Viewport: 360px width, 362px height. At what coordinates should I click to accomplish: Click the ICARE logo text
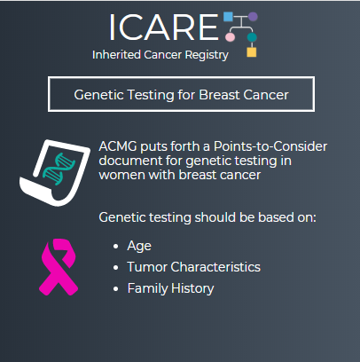pos(164,28)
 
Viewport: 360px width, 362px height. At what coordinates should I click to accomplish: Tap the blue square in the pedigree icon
pos(228,17)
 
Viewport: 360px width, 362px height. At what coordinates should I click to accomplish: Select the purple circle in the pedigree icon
pos(253,17)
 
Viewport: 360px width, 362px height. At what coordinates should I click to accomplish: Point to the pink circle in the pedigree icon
pos(230,37)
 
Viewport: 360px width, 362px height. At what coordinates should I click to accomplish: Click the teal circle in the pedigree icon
pos(252,37)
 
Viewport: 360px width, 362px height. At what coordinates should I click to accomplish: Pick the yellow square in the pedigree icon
pos(252,52)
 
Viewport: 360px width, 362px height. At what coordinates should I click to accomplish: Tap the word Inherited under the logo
pos(116,55)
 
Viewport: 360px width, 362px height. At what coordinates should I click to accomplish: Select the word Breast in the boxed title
pos(220,95)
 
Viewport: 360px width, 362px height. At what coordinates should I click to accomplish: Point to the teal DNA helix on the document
pos(59,169)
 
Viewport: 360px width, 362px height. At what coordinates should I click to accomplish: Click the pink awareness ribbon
pos(59,267)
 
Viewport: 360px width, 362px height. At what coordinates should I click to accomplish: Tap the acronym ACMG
pos(118,146)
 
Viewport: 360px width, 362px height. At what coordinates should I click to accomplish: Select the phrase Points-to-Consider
pos(270,146)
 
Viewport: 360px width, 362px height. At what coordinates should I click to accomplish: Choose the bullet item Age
pos(139,246)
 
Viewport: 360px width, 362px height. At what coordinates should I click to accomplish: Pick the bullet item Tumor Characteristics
pos(194,267)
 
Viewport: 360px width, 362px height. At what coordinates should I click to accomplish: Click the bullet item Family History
pos(170,288)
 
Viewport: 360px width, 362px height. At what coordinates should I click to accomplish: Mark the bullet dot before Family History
pos(115,288)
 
